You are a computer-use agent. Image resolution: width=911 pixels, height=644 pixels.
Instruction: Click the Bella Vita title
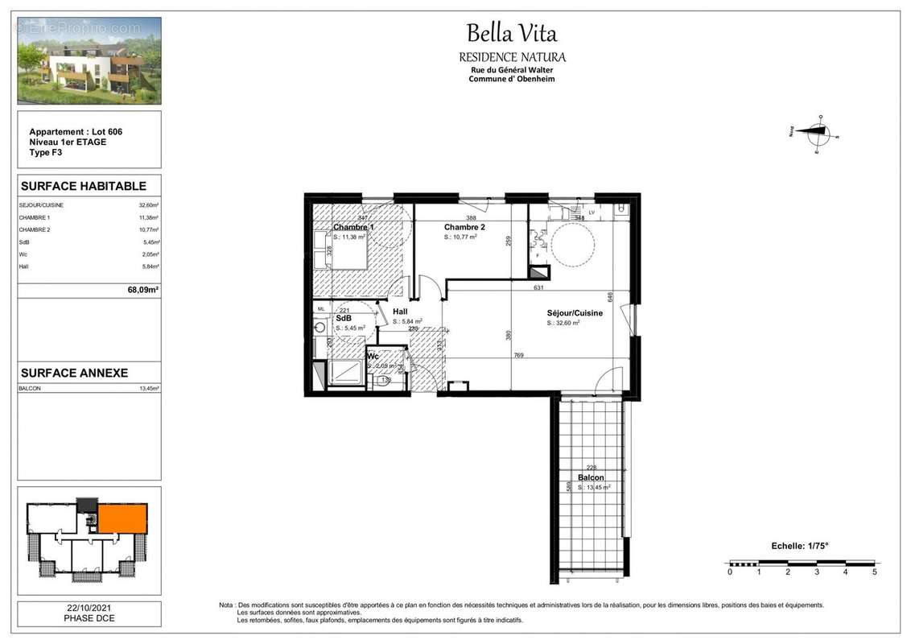coord(512,34)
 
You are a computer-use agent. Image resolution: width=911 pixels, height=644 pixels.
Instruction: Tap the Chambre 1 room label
coord(354,228)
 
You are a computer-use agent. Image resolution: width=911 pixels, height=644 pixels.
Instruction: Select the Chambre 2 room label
coord(465,228)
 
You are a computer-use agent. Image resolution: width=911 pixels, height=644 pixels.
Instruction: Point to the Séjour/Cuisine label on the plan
coord(575,313)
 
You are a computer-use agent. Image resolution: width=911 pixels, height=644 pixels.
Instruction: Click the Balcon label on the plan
coord(590,477)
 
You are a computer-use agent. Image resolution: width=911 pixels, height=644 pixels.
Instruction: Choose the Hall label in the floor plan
coord(401,312)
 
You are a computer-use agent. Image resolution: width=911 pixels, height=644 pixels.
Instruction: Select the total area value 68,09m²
coord(142,291)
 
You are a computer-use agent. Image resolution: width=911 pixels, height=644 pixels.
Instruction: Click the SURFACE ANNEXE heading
coord(74,374)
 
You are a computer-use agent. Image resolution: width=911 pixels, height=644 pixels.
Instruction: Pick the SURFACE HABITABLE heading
coord(83,186)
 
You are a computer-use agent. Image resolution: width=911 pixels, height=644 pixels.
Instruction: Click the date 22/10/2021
coord(89,609)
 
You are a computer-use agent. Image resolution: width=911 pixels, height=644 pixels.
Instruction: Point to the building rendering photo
coord(89,61)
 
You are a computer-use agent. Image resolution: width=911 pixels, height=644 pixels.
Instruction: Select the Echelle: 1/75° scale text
coord(799,546)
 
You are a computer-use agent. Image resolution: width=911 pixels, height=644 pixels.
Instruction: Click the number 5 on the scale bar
coord(874,572)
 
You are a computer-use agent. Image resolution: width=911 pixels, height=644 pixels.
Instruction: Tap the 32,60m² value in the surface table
coord(148,205)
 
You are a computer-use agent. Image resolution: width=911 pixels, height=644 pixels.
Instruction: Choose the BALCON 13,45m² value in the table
coord(148,389)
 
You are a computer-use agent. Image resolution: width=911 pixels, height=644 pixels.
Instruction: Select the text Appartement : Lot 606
coord(76,132)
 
